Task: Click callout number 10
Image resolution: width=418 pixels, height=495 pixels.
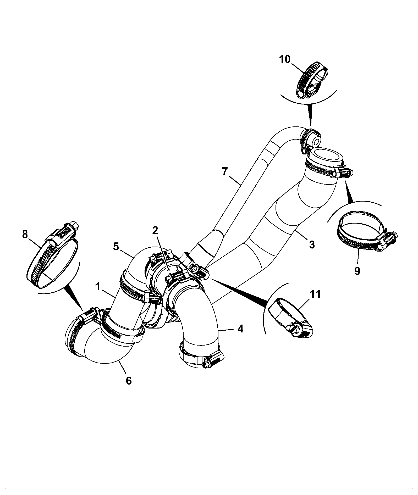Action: click(x=285, y=59)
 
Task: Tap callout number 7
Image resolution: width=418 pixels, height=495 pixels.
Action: click(x=225, y=172)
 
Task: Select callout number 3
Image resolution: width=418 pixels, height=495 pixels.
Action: click(x=312, y=244)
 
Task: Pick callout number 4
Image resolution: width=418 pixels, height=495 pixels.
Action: click(x=240, y=329)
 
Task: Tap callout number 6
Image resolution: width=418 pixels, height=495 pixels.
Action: click(x=129, y=381)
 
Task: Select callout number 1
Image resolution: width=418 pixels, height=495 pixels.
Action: click(x=98, y=287)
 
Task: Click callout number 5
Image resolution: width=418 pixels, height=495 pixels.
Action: click(x=117, y=246)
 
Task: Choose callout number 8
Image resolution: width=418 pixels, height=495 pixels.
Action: click(x=25, y=235)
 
